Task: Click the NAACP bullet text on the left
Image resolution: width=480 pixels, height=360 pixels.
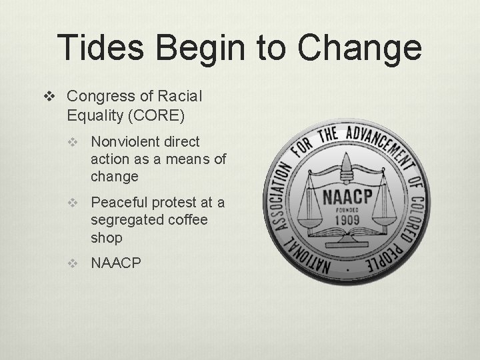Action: coord(116,263)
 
